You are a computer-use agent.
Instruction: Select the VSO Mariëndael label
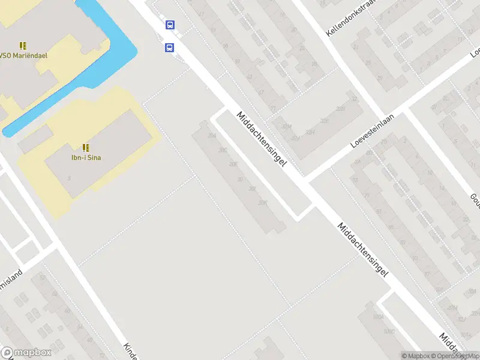pos(24,55)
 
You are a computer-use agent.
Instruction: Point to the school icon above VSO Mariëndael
pos(23,46)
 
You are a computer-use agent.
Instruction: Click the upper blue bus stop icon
pos(170,25)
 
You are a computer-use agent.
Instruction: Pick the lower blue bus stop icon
pos(170,47)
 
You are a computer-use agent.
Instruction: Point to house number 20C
pos(224,150)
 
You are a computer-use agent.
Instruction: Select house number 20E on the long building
pos(233,164)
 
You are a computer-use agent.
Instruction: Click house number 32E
pos(325,121)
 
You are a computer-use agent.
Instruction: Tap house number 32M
pos(287,127)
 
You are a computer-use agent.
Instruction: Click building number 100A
pos(377,316)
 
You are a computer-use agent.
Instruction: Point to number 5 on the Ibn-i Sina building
pos(70,178)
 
